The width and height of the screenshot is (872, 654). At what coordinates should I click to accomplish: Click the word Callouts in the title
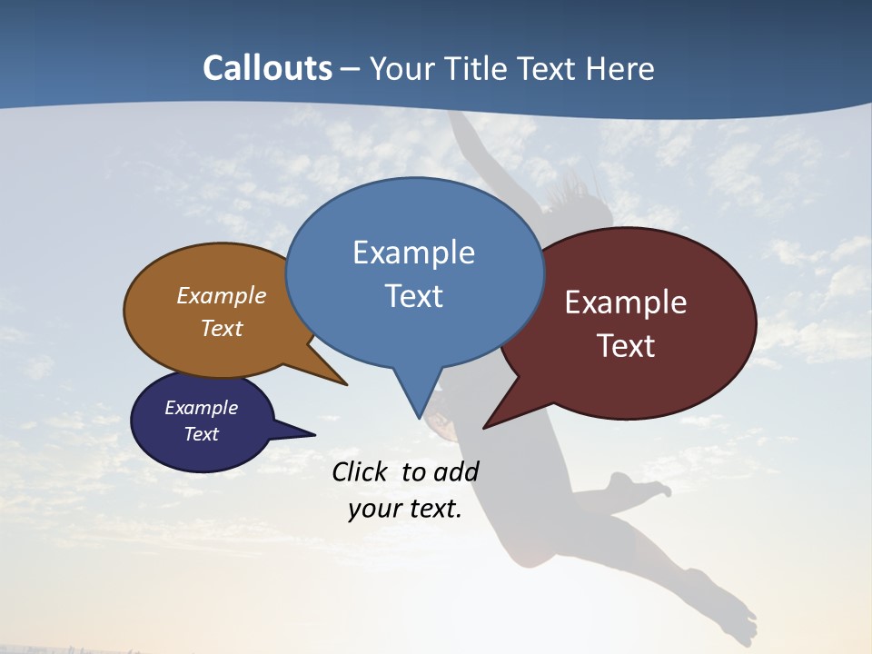(268, 68)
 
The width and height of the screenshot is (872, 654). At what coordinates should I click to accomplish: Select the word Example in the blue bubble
(413, 253)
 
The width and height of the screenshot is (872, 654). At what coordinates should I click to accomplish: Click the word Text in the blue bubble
(413, 296)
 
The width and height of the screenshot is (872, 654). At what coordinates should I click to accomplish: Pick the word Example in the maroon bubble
(626, 302)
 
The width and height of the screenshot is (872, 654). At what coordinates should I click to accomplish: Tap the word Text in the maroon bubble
(626, 346)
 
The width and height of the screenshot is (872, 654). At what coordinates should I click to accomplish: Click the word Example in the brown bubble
(222, 296)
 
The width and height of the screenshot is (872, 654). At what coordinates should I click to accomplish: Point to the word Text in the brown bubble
(222, 328)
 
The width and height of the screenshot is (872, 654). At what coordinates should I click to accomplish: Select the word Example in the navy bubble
(202, 408)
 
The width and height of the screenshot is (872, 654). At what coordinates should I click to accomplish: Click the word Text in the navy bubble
(202, 434)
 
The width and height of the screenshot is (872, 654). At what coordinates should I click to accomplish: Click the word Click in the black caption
(362, 471)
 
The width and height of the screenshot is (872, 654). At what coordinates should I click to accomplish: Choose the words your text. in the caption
(405, 509)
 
